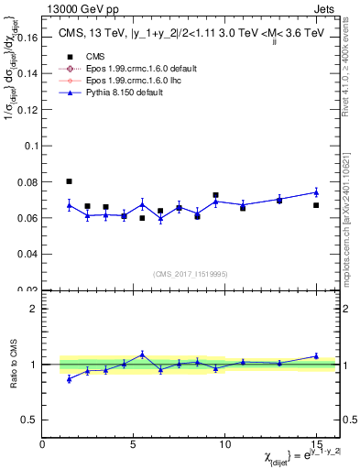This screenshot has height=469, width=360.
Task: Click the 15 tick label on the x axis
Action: coord(316,444)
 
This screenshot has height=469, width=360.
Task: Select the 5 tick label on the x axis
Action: coord(134,444)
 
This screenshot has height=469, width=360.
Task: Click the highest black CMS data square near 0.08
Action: coord(70,181)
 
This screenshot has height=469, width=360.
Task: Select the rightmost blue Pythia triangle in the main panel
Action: coord(316,192)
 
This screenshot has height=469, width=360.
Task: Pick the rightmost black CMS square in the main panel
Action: coord(316,205)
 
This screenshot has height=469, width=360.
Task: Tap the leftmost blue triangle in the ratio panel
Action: coord(70,378)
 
